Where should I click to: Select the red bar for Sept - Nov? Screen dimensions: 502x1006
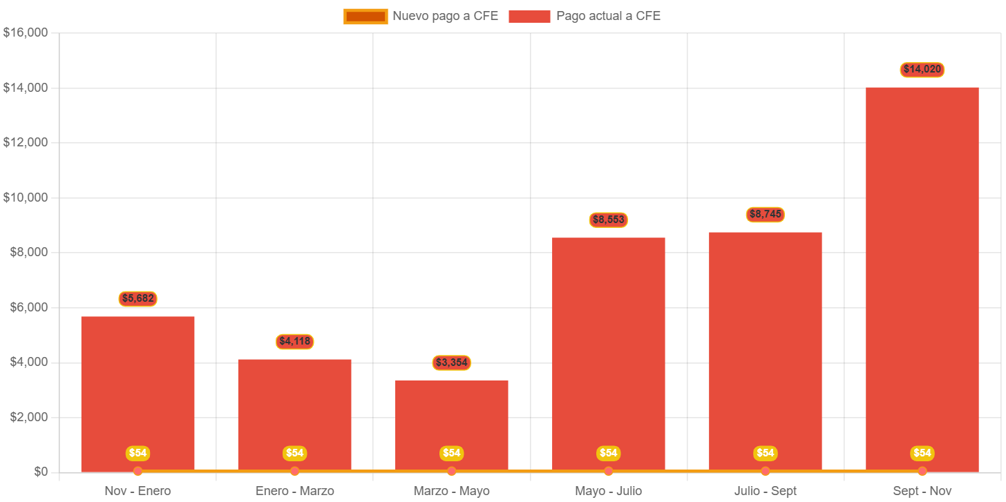(922, 276)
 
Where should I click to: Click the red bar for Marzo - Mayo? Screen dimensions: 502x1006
(452, 421)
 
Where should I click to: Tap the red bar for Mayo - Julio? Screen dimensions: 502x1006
(608, 345)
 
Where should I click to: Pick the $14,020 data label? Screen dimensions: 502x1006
(922, 70)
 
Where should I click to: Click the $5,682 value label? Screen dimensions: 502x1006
(137, 299)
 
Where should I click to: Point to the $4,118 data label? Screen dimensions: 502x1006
(295, 342)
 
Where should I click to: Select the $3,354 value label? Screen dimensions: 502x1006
(452, 363)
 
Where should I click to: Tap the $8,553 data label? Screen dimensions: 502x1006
(608, 220)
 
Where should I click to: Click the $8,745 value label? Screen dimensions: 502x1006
(765, 215)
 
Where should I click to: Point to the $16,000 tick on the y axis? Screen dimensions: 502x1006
(25, 32)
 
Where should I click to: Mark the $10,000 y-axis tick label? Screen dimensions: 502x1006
(25, 197)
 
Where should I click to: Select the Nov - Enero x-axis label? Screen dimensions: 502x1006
(137, 491)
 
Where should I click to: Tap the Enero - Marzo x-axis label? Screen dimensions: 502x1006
(295, 491)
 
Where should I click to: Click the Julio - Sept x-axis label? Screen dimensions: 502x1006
(765, 491)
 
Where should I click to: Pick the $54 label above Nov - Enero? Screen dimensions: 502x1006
(137, 453)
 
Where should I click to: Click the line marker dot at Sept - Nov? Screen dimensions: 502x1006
(922, 471)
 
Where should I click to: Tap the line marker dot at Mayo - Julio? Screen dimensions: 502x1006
(608, 471)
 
